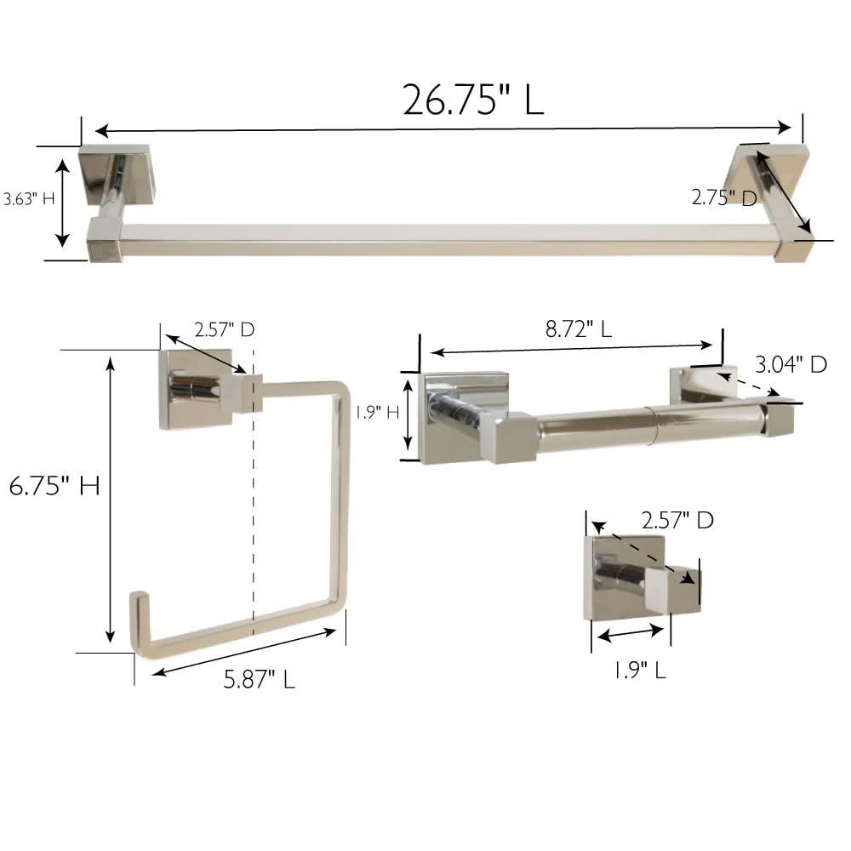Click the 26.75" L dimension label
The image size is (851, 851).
pyautogui.click(x=472, y=100)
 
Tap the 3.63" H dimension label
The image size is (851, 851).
pyautogui.click(x=28, y=199)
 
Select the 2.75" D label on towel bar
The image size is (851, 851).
pyautogui.click(x=723, y=197)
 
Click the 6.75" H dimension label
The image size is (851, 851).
pyautogui.click(x=54, y=486)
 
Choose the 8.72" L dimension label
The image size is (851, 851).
pyautogui.click(x=578, y=329)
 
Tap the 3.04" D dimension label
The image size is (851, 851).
pyautogui.click(x=791, y=364)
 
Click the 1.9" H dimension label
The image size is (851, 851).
pyautogui.click(x=378, y=413)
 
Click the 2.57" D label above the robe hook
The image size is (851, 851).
pyautogui.click(x=677, y=520)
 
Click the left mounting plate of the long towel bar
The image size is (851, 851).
pyautogui.click(x=115, y=174)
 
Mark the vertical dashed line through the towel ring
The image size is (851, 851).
pyautogui.click(x=253, y=511)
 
